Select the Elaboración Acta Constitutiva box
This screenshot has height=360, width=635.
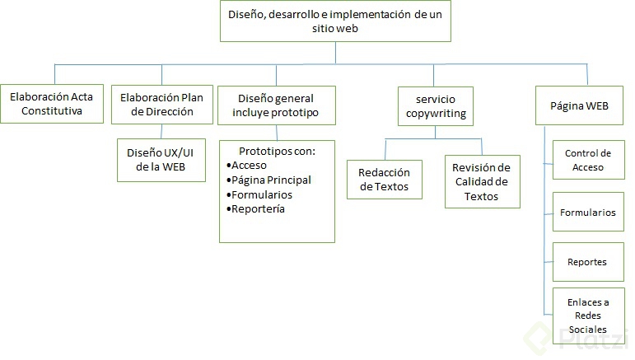point(51,104)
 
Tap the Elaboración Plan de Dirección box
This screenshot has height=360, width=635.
point(161,104)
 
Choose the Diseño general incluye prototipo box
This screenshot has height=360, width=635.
point(277,105)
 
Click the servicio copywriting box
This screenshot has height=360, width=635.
point(436,105)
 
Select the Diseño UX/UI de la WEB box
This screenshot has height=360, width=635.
point(161,159)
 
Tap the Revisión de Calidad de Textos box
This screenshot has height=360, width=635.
point(482,181)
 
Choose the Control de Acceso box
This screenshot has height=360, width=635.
point(588,160)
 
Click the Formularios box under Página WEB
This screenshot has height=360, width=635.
point(588,213)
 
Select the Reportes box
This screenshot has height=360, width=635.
point(588,262)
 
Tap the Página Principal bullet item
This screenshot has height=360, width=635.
point(271,180)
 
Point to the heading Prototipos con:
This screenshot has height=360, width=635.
point(277,151)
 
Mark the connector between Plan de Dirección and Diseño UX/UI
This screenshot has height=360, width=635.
point(161,131)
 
